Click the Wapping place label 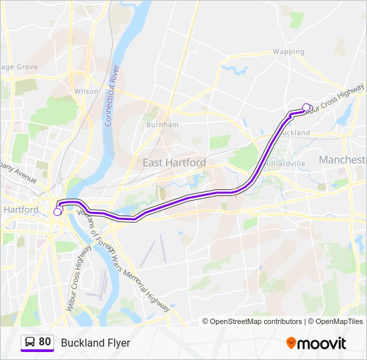pyautogui.click(x=288, y=51)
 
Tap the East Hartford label pyautogui.click(x=174, y=162)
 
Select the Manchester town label pyautogui.click(x=343, y=160)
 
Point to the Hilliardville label pyautogui.click(x=285, y=163)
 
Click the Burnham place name pyautogui.click(x=162, y=125)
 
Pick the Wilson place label pyautogui.click(x=87, y=91)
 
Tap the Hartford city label pyautogui.click(x=21, y=209)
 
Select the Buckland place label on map pyautogui.click(x=295, y=133)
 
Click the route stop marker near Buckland pyautogui.click(x=306, y=107)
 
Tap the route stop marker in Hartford pyautogui.click(x=57, y=211)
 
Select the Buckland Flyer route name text pyautogui.click(x=95, y=343)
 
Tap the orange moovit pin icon pyautogui.click(x=291, y=343)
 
